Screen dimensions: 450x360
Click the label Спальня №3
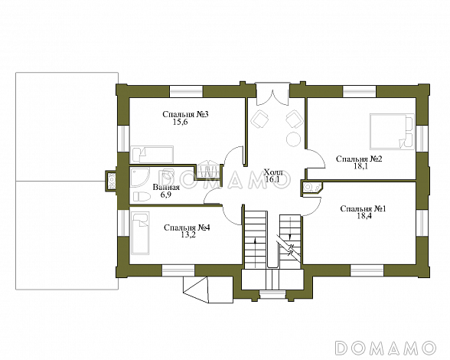click(185, 114)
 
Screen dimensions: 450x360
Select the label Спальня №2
click(359, 159)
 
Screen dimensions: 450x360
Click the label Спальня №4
click(187, 227)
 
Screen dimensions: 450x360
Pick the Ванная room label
click(166, 188)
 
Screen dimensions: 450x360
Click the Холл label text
click(273, 172)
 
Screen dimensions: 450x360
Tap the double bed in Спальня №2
click(392, 132)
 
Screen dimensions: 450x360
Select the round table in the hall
click(293, 139)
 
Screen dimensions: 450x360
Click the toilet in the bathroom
click(142, 197)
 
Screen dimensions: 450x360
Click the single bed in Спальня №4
click(140, 233)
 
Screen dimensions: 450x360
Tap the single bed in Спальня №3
click(152, 155)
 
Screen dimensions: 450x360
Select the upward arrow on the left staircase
click(255, 250)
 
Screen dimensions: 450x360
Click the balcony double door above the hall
click(272, 94)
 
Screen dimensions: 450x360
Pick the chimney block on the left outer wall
click(111, 181)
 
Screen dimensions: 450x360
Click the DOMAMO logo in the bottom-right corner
click(386, 348)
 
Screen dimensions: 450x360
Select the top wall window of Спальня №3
click(186, 91)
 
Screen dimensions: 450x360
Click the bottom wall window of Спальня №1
click(367, 270)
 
